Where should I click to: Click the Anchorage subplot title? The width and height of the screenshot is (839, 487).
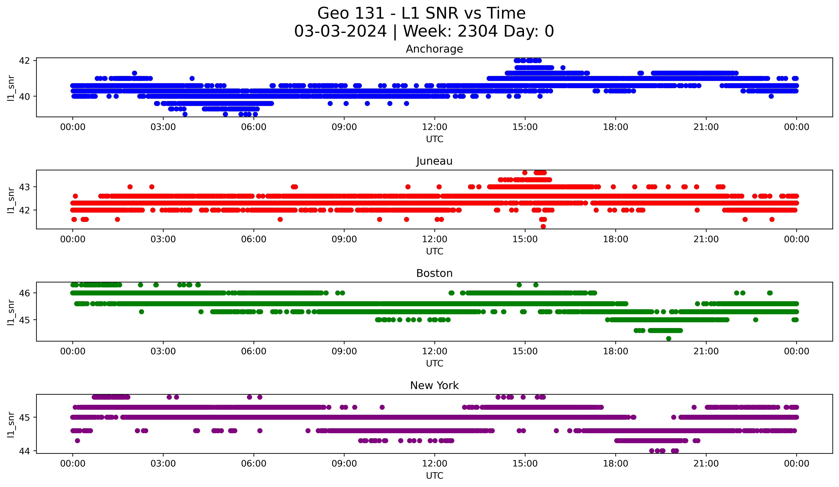434,49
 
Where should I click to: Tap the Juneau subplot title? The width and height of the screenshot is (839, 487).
434,161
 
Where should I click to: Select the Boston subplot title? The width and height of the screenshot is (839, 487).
434,273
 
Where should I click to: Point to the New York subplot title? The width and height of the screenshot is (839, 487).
434,386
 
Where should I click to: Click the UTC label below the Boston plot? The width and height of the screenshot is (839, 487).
434,364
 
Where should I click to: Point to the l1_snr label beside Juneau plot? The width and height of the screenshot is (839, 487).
11,200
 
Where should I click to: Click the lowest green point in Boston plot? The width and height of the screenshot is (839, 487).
669,338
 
